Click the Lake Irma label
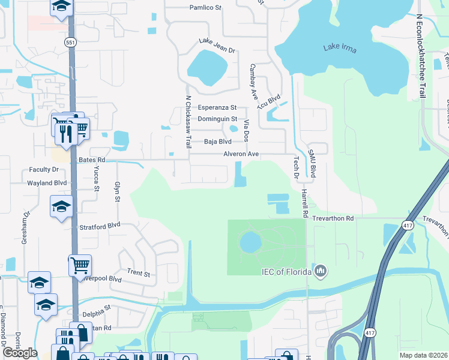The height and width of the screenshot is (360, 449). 340,47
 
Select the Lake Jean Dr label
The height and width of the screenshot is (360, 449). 217,45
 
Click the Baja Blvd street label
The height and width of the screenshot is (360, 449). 218,142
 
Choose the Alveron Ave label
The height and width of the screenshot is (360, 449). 241,154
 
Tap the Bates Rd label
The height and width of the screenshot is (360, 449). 92,160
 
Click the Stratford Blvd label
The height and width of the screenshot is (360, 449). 100,226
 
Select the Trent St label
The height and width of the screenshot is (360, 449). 138,273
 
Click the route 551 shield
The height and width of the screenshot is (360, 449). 70,42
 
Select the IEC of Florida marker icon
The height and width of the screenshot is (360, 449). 321,272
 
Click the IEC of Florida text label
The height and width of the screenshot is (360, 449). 286,272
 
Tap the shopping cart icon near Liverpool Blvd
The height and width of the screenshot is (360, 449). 80,265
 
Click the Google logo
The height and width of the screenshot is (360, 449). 20,353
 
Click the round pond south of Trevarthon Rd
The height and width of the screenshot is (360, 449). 250,243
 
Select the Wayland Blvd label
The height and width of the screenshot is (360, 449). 47,182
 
